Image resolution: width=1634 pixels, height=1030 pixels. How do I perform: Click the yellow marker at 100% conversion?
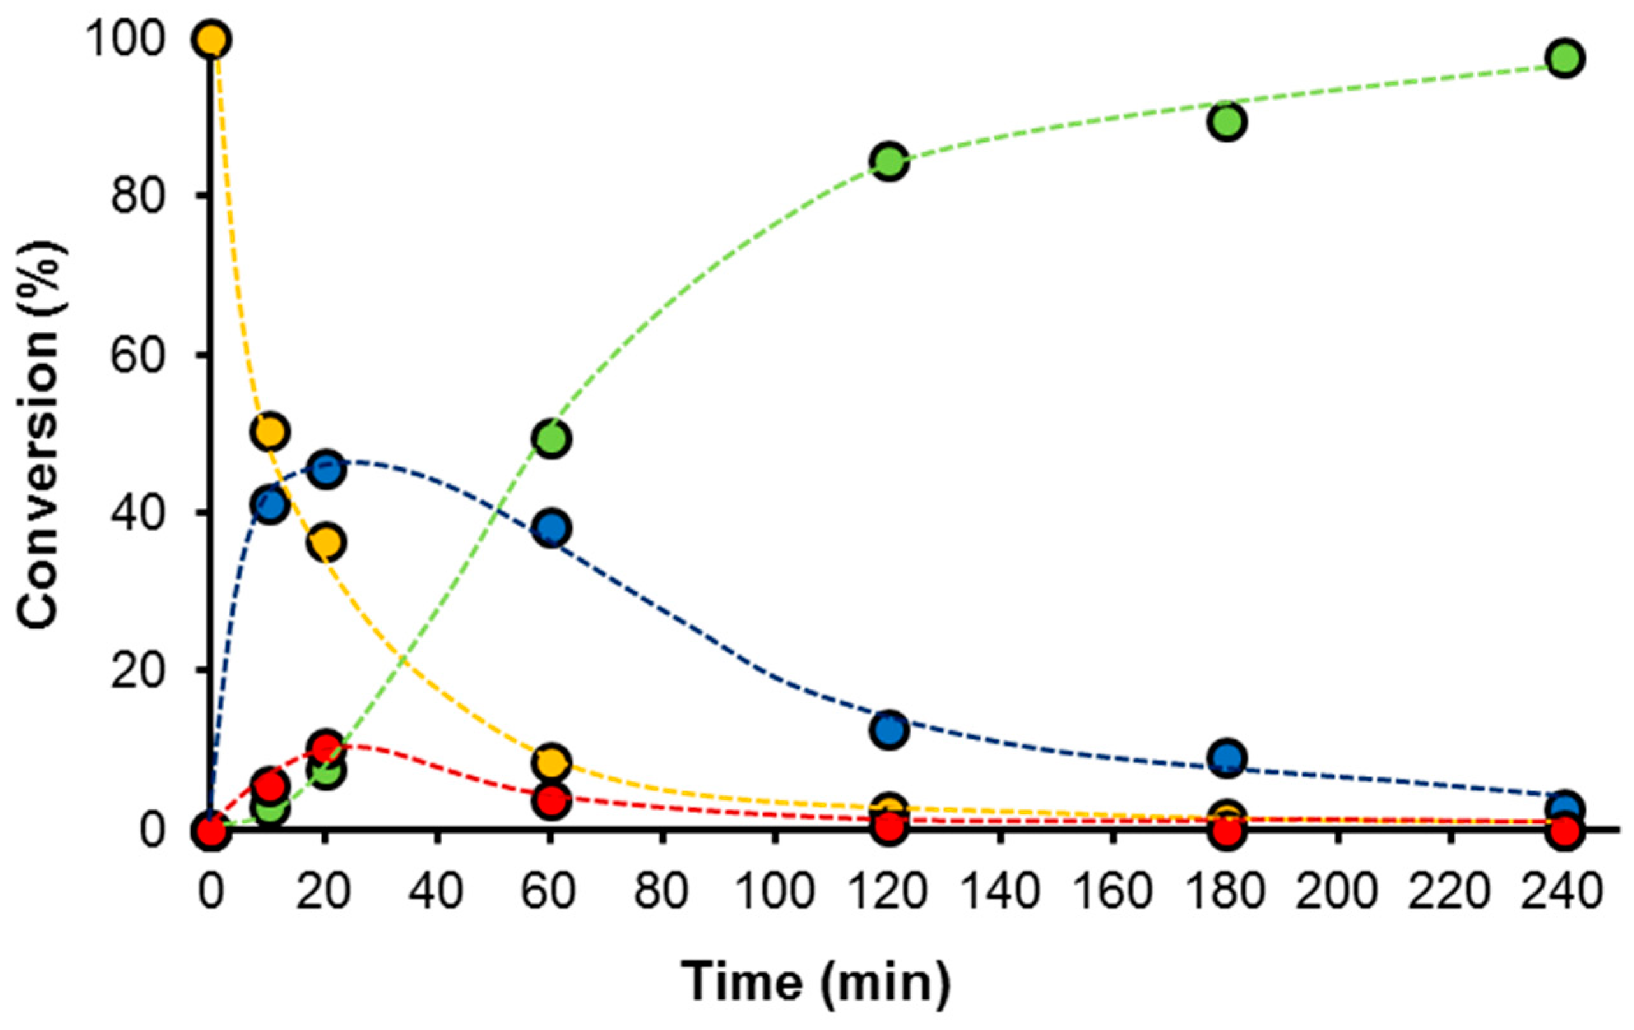point(211,40)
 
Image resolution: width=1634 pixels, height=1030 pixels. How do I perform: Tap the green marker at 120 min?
point(889,161)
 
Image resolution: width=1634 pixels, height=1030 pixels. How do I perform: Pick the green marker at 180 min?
point(1227,122)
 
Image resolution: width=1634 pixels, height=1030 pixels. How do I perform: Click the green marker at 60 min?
point(551,439)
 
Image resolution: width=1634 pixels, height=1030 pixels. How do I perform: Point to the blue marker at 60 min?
point(551,527)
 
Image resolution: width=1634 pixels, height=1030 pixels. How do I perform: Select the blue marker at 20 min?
point(326,469)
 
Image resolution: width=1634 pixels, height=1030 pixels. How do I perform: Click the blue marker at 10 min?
point(270,504)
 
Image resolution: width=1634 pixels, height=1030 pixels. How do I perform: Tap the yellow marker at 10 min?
point(270,431)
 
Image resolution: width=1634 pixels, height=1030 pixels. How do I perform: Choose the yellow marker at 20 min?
point(326,543)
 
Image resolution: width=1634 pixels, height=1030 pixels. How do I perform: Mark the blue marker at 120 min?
point(889,730)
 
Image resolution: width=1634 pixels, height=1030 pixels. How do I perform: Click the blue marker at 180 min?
point(1227,757)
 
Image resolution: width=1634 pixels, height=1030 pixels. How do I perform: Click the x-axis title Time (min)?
point(816,982)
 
